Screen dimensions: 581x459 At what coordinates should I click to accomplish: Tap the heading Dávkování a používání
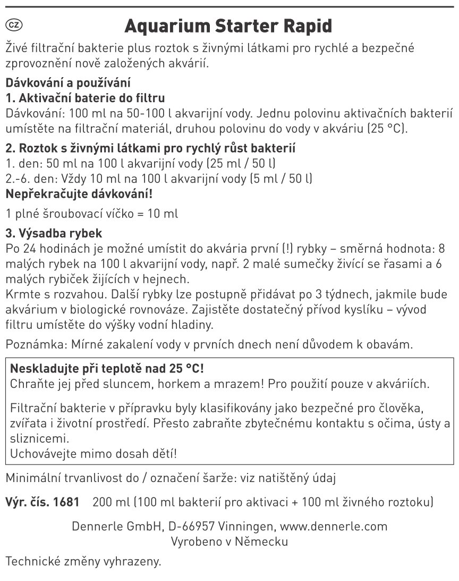67,84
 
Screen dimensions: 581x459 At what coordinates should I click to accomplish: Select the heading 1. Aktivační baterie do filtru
85,98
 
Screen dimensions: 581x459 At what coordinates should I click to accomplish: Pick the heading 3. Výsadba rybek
53,234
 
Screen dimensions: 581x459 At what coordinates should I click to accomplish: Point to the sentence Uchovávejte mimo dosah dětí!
93,454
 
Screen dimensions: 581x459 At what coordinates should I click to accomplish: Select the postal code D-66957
189,527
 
